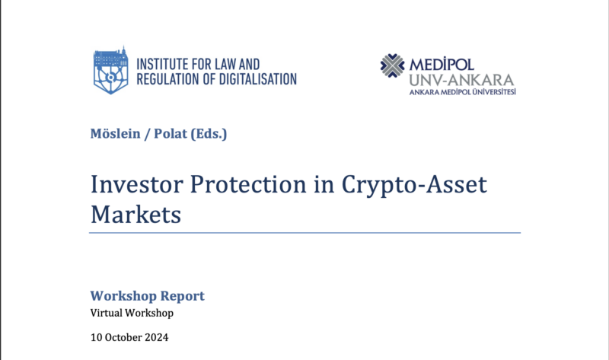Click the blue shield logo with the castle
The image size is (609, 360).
click(x=110, y=70)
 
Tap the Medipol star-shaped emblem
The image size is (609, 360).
click(x=392, y=65)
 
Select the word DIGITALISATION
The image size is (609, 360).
click(x=257, y=79)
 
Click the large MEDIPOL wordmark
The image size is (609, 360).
click(x=442, y=64)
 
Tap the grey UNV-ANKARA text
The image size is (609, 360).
click(x=461, y=80)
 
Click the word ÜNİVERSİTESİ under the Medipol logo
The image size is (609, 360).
click(x=493, y=92)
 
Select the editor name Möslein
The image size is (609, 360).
click(x=116, y=134)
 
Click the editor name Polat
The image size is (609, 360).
click(x=171, y=134)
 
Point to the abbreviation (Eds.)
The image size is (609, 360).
click(x=209, y=134)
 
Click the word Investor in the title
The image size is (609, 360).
click(x=137, y=184)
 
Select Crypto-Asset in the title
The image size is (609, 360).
click(x=414, y=185)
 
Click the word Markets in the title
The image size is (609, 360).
click(x=136, y=215)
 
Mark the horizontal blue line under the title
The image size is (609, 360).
click(x=305, y=233)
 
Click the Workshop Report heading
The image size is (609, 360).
click(x=147, y=296)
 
